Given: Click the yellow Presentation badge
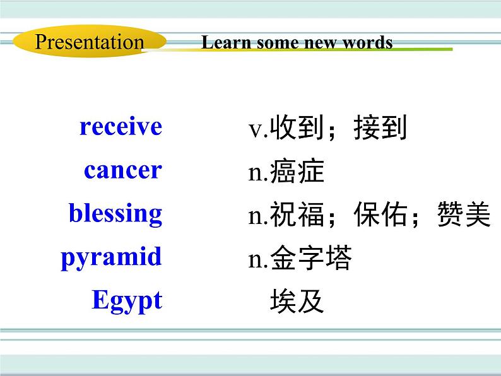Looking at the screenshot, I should click(89, 42).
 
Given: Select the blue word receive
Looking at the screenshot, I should click(121, 127).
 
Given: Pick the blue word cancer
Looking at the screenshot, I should click(122, 170).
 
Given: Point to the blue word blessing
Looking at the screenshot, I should click(115, 214).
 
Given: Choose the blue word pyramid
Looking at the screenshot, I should click(111, 257).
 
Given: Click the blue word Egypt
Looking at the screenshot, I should click(127, 300).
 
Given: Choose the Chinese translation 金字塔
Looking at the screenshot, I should click(310, 259).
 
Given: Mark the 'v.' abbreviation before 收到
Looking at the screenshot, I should click(258, 130).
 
